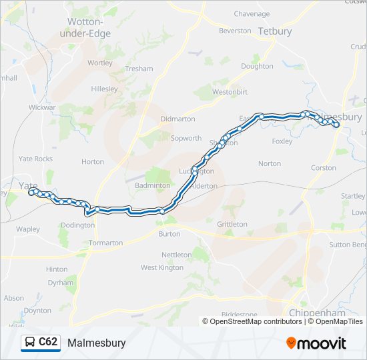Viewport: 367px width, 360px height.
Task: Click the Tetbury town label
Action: pyautogui.click(x=275, y=31)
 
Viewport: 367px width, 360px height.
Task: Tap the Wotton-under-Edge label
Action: pyautogui.click(x=89, y=27)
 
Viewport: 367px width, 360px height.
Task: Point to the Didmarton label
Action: pyautogui.click(x=178, y=119)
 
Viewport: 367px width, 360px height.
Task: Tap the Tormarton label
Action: pyautogui.click(x=106, y=243)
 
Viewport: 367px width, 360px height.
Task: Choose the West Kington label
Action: pyautogui.click(x=161, y=267)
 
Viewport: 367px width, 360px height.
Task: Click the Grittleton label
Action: pyautogui.click(x=232, y=224)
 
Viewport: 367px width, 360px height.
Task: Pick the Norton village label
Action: pyautogui.click(x=270, y=163)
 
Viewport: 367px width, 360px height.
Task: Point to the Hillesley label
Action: pyautogui.click(x=104, y=89)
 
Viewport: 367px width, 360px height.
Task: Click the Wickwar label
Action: pyautogui.click(x=42, y=107)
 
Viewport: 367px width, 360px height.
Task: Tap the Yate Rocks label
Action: pyautogui.click(x=35, y=159)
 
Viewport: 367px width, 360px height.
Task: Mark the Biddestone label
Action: pyautogui.click(x=239, y=314)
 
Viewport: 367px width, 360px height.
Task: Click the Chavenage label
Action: pyautogui.click(x=252, y=13)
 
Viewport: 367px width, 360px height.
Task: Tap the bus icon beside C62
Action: pyautogui.click(x=30, y=343)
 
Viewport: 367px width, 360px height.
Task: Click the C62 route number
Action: pyautogui.click(x=48, y=343)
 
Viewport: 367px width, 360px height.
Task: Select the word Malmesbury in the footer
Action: pyautogui.click(x=96, y=343)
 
